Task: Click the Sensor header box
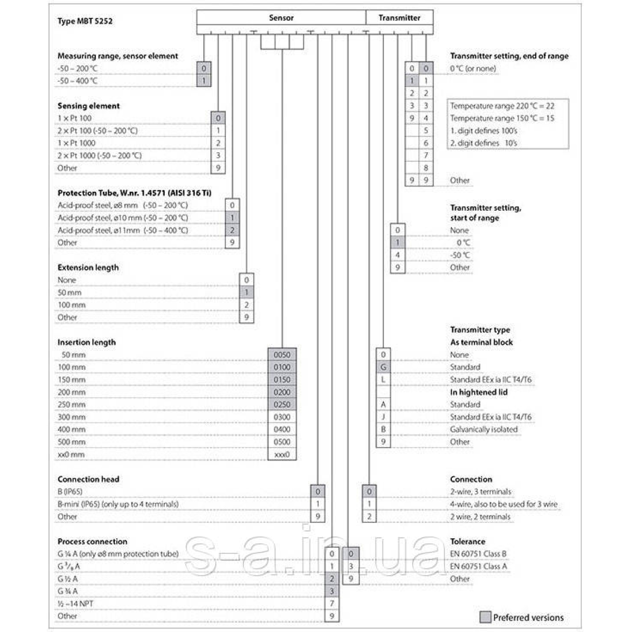pyautogui.click(x=281, y=17)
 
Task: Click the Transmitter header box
pyautogui.click(x=399, y=17)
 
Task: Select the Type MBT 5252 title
pyautogui.click(x=85, y=21)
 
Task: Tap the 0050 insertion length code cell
pyautogui.click(x=282, y=354)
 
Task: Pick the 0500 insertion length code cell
pyautogui.click(x=282, y=442)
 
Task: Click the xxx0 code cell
pyautogui.click(x=282, y=455)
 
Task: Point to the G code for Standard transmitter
pyautogui.click(x=383, y=367)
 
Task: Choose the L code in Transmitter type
pyautogui.click(x=383, y=380)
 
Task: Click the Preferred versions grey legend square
pyautogui.click(x=485, y=617)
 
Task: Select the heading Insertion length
pyautogui.click(x=86, y=342)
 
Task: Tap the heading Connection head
pyautogui.click(x=88, y=479)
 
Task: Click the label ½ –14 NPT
pyautogui.click(x=75, y=604)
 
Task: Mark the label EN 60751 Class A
pyautogui.click(x=478, y=566)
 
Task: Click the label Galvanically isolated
pyautogui.click(x=483, y=429)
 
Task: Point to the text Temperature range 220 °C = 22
pyautogui.click(x=502, y=106)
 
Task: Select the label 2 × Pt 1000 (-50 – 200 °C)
pyautogui.click(x=100, y=155)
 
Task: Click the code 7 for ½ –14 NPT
pyautogui.click(x=332, y=604)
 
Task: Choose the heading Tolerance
pyautogui.click(x=468, y=541)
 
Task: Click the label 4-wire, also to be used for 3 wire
pyautogui.click(x=503, y=504)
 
